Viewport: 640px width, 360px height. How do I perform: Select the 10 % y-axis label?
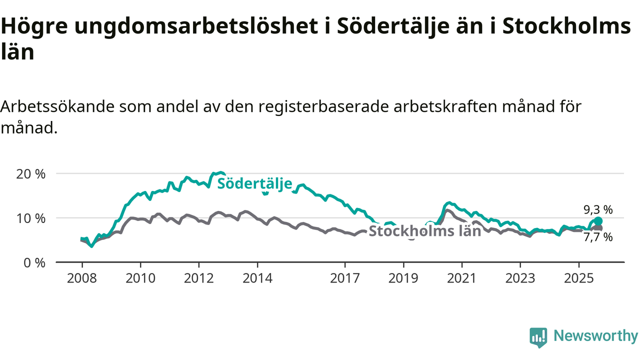[33, 218]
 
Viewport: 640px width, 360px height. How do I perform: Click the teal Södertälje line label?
[254, 183]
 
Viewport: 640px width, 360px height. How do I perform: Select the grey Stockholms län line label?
[424, 231]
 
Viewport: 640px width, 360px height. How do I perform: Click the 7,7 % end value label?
[598, 237]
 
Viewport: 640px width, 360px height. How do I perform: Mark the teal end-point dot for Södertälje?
[598, 221]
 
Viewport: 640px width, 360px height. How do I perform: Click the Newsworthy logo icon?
[538, 337]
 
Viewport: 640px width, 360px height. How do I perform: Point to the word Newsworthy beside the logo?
[595, 336]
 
